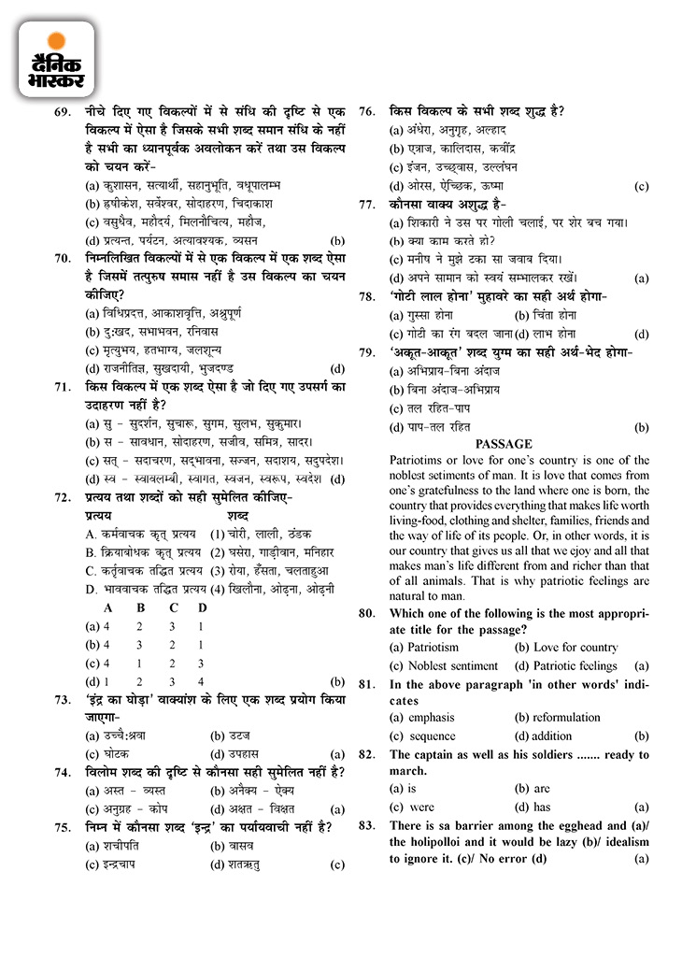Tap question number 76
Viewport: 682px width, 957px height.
coord(367,112)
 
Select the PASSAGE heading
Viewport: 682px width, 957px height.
coord(504,444)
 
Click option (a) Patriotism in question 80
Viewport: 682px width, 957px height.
coord(424,647)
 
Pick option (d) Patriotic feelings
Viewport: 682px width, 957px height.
coord(565,665)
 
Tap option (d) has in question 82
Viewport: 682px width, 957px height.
coord(532,807)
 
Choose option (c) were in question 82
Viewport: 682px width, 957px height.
coord(412,807)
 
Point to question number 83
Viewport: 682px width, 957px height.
coord(367,825)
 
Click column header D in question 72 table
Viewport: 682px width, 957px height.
coord(203,608)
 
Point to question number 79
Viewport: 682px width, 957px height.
coord(367,352)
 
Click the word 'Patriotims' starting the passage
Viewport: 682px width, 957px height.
coord(419,460)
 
